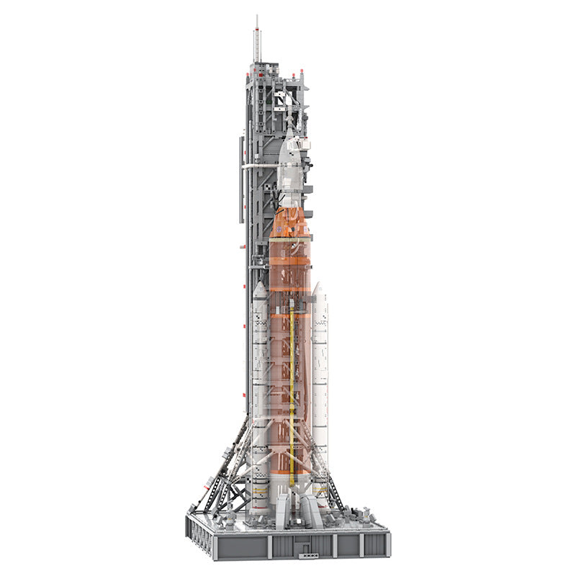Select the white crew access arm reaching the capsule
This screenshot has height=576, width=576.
click(x=261, y=166)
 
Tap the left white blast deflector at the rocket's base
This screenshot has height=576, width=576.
click(x=282, y=508)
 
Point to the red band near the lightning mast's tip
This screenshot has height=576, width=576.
click(x=256, y=30)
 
